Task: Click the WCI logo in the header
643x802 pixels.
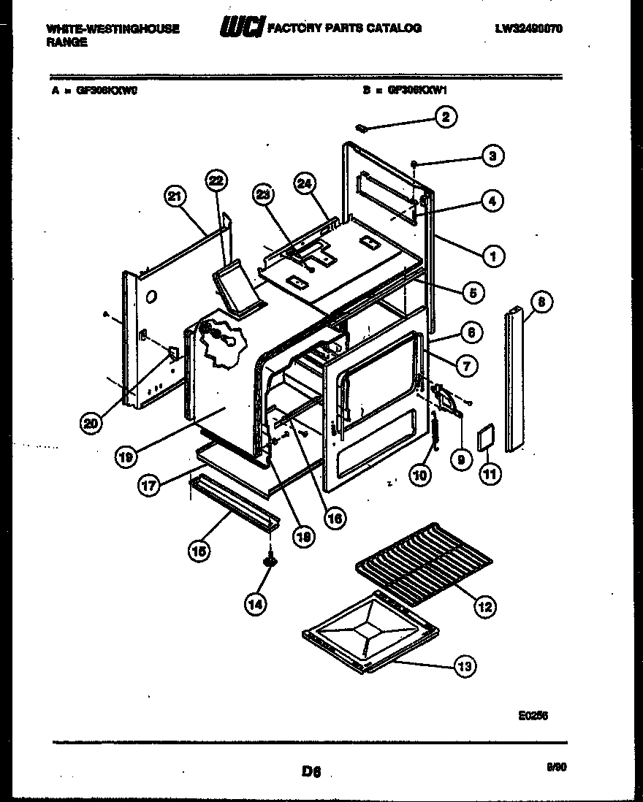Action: click(242, 28)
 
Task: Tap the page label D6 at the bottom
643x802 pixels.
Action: click(311, 769)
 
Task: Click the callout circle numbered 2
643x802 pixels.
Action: click(445, 117)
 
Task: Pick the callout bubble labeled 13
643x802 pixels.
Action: click(465, 665)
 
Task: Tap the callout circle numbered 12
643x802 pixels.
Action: click(484, 606)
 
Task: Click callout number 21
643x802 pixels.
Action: click(175, 196)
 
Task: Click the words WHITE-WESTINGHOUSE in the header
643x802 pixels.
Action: click(113, 28)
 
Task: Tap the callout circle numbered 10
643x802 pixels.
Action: click(419, 476)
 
